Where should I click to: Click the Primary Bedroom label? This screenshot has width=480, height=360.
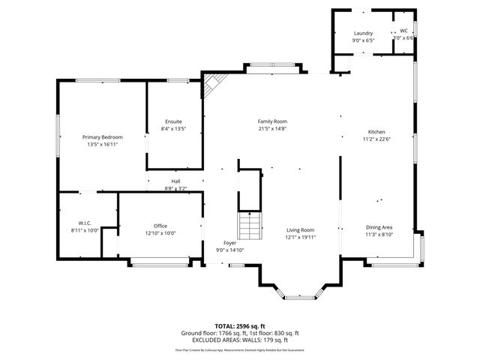103,137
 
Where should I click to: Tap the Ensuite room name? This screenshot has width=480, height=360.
173,121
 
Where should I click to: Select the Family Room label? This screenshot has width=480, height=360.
272,121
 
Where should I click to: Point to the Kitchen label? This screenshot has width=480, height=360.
376,131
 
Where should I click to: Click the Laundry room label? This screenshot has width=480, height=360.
363,34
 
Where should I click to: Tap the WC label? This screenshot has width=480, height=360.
403,31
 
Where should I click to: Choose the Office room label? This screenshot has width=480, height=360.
160,226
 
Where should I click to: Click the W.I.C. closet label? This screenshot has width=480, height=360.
85,223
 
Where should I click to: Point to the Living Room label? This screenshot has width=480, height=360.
300,230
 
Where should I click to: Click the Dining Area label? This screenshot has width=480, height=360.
379,227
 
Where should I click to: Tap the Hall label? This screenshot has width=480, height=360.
175,181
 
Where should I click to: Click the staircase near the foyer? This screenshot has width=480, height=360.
249,224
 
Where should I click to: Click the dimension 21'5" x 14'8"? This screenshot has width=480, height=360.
272,129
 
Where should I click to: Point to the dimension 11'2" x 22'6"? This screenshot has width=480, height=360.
376,139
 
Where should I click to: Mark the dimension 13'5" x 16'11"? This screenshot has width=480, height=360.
103,145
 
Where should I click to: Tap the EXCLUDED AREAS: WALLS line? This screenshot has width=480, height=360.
240,340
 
